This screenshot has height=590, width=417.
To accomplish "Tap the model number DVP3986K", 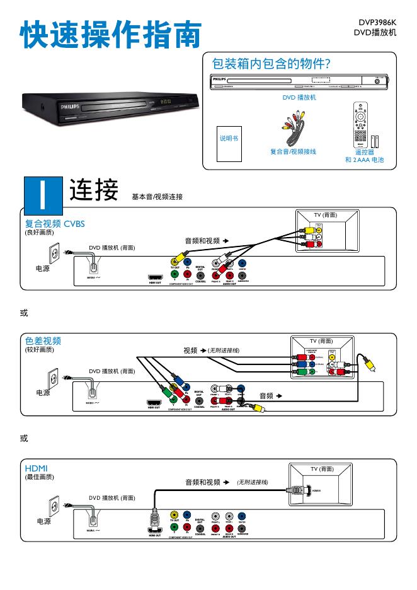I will click(x=377, y=22).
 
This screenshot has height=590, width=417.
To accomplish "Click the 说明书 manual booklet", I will click(x=229, y=139).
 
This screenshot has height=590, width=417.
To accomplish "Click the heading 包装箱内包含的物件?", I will click(x=271, y=64).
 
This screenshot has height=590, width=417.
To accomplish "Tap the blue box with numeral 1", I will click(x=42, y=194).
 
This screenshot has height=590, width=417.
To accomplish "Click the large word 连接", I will click(x=94, y=190).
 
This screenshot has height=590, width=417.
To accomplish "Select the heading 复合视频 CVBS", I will click(x=55, y=223).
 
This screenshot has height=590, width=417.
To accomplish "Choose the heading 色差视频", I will click(x=43, y=341).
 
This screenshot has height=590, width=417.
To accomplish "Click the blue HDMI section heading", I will click(x=36, y=468).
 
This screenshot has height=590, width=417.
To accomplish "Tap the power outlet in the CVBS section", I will click(x=55, y=253).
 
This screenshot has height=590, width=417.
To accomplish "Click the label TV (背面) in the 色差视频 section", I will click(x=321, y=341).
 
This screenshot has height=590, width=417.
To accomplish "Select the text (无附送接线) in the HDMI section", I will click(x=253, y=482).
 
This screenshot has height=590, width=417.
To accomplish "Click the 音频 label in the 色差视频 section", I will click(x=266, y=396).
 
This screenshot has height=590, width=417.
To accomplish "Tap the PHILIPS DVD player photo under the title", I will click(x=109, y=107).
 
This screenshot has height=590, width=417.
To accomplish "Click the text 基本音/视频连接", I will click(x=157, y=197).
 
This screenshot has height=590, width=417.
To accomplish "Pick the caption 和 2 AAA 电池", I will click(x=364, y=160).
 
